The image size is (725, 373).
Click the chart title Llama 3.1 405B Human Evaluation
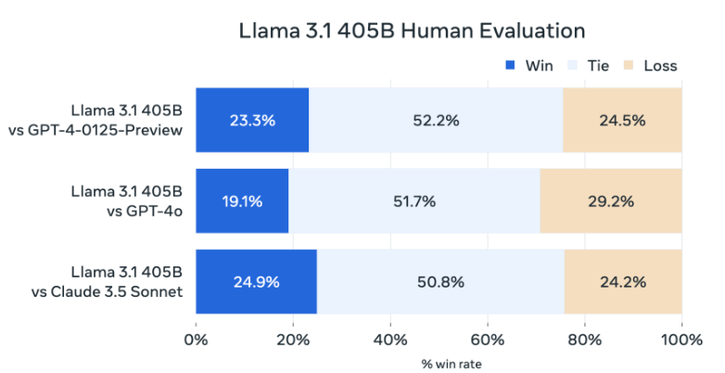click(x=412, y=30)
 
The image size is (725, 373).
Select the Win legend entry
click(x=529, y=65)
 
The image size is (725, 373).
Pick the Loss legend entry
click(x=651, y=65)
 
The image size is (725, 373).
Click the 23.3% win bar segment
click(x=252, y=121)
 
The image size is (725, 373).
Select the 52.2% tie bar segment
click(x=435, y=121)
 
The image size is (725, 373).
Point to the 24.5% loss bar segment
click(x=622, y=121)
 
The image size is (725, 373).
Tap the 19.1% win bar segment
click(x=242, y=200)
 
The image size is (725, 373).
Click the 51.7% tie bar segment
click(x=413, y=200)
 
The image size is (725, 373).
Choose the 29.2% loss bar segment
click(x=611, y=200)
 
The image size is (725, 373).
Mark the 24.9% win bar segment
click(x=256, y=281)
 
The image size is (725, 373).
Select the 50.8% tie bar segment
click(x=440, y=281)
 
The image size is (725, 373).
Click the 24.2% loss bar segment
click(x=623, y=281)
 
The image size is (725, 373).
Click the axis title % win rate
click(x=439, y=361)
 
